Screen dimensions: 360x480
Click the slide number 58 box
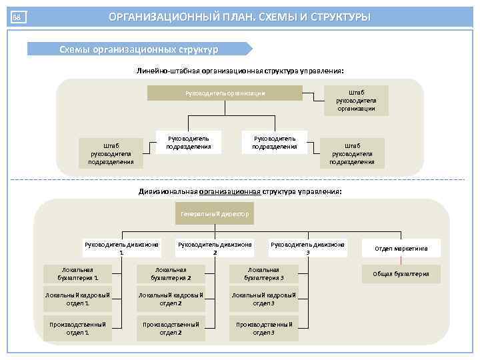[x=18, y=17]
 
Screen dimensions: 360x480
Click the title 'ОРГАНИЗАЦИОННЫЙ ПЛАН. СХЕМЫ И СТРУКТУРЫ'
[x=239, y=17]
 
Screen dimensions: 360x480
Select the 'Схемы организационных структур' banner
[x=138, y=49]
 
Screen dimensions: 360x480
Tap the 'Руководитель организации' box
[x=225, y=93]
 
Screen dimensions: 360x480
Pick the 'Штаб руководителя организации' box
[x=356, y=101]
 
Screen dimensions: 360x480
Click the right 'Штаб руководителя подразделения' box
[x=352, y=153]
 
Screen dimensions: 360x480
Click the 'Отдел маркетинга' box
[x=401, y=249]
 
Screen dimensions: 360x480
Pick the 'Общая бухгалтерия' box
[x=401, y=274]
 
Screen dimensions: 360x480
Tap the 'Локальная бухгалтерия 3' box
[x=264, y=274]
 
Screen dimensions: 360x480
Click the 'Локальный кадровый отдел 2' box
[x=171, y=299]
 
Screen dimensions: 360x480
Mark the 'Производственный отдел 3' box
[x=264, y=328]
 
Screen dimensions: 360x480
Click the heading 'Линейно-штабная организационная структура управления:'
[x=240, y=70]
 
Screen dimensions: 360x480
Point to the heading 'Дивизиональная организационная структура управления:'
[x=240, y=191]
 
